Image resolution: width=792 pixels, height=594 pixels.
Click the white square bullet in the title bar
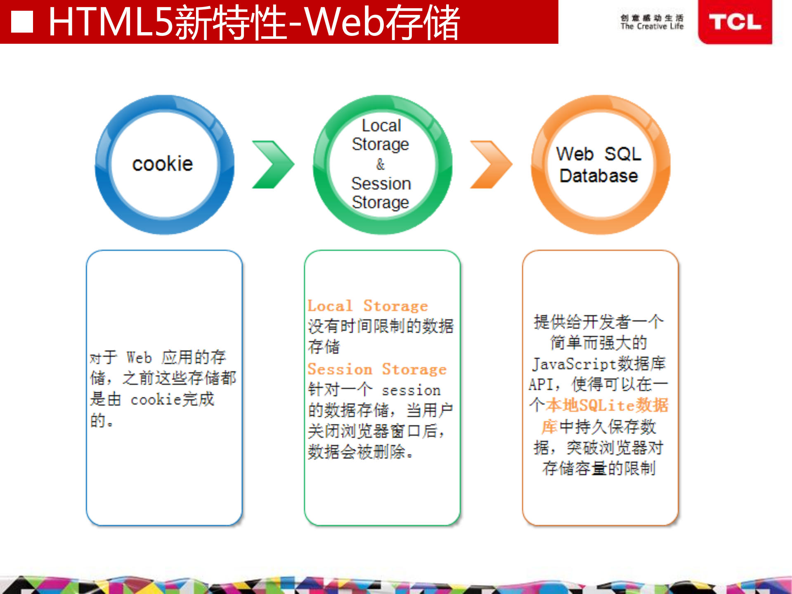[x=22, y=21]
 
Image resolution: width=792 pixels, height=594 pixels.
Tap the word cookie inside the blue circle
[x=163, y=164]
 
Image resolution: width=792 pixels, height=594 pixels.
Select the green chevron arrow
[x=273, y=165]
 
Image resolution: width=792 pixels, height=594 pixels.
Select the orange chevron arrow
[x=491, y=165]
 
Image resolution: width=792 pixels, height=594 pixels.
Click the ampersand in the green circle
[x=381, y=164]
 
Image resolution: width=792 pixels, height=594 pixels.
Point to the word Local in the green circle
[x=381, y=125]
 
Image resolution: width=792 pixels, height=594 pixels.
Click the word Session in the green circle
[x=381, y=183]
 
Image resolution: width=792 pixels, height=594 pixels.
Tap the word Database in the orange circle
[x=598, y=176]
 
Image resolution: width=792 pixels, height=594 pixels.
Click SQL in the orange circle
[x=623, y=154]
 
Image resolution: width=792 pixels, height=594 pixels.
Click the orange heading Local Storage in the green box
[x=368, y=306]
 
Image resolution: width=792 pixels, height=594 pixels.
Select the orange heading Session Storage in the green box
[x=377, y=369]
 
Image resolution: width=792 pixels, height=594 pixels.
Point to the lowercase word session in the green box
[x=411, y=390]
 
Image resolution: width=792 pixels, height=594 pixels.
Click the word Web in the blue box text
[x=139, y=357]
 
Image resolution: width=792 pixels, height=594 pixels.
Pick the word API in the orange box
[x=541, y=385]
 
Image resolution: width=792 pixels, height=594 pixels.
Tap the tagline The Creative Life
[x=652, y=26]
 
